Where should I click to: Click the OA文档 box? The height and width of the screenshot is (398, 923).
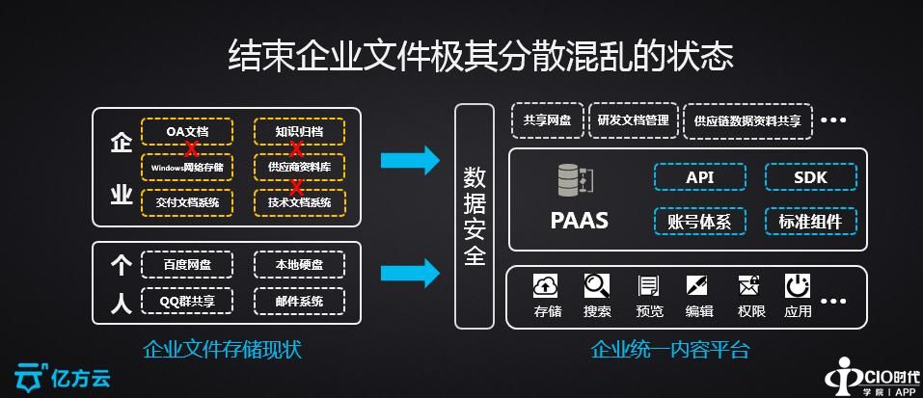187,131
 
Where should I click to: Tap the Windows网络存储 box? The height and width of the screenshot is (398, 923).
187,167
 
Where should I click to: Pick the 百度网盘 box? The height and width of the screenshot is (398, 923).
187,264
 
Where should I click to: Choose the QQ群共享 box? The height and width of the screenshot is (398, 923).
187,301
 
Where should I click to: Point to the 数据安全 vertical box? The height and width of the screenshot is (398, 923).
475,215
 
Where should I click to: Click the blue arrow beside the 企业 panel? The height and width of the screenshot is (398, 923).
410,160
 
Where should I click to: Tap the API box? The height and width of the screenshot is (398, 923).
699,177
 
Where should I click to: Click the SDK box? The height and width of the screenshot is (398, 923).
810,177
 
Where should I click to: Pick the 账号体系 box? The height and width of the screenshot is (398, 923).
699,221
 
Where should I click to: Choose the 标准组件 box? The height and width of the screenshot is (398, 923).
810,221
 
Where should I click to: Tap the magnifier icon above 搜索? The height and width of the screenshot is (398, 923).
597,286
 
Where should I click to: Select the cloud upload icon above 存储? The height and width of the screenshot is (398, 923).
547,286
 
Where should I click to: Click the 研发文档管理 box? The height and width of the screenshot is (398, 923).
633,120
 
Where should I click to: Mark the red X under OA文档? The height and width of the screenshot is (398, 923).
192,149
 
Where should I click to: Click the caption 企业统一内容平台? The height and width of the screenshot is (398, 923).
669,349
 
